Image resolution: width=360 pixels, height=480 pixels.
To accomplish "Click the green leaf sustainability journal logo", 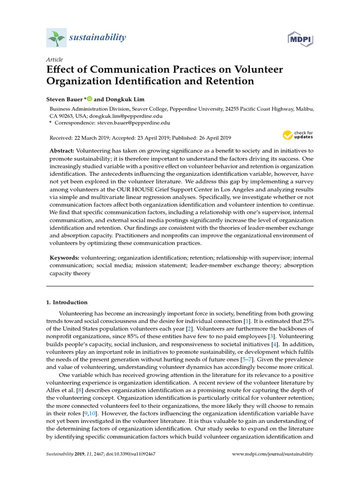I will pos(56,37).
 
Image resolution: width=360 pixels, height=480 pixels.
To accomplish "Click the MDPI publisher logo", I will pos(300,39).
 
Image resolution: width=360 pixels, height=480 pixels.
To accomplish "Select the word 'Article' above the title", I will pos(54,60).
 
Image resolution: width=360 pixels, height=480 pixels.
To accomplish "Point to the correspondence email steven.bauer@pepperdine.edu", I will pos(134,123).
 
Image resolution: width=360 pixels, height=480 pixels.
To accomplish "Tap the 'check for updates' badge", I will pos(298,136).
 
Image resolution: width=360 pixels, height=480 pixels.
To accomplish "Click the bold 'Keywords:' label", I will pos(65,258).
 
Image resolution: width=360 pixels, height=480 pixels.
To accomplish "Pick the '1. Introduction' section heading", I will pos(70,302).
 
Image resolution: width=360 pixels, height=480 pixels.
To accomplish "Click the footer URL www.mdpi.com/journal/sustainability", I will pos(273,454).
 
